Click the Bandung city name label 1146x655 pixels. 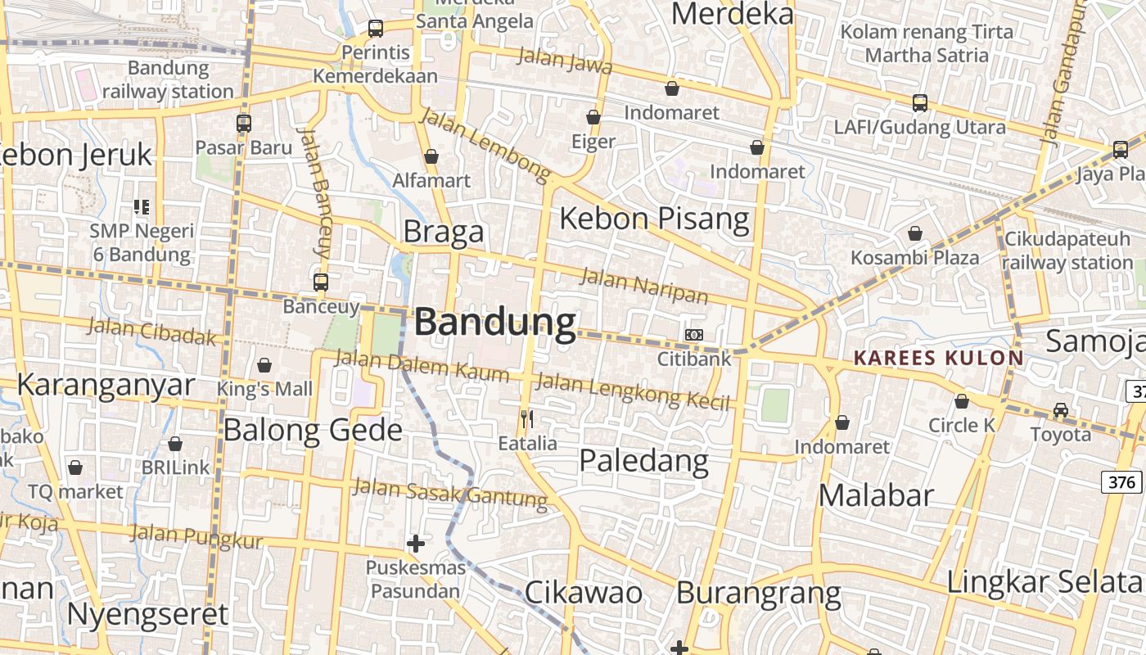[x=494, y=323]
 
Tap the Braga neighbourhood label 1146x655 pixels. [x=443, y=233]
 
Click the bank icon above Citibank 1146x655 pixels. [x=694, y=335]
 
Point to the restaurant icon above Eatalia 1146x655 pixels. [x=527, y=420]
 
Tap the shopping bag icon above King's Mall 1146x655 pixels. [x=264, y=365]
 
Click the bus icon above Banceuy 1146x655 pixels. [x=321, y=282]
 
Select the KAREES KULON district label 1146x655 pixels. [x=938, y=358]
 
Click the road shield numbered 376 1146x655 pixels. [x=1121, y=482]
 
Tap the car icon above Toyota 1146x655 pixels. [x=1061, y=409]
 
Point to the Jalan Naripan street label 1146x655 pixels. [x=643, y=285]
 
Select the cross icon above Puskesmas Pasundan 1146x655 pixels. [x=416, y=543]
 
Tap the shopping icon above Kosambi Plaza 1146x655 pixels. [x=915, y=234]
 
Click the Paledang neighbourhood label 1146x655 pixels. [x=643, y=461]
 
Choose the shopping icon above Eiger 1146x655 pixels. [x=593, y=118]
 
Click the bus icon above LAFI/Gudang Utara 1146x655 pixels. [x=920, y=103]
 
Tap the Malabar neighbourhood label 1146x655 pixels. [x=876, y=495]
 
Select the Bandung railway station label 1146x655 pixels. [x=168, y=79]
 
